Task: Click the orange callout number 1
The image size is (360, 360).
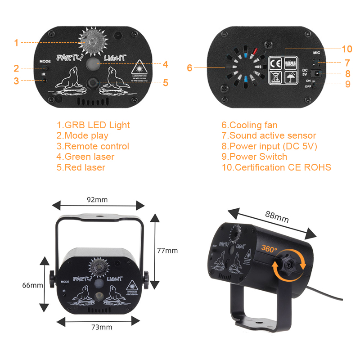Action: tap(16, 43)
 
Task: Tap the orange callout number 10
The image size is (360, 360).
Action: tap(346, 49)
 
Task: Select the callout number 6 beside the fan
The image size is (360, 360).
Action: tap(189, 68)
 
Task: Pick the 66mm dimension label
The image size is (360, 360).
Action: tap(33, 285)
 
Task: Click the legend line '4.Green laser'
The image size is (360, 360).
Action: tap(85, 157)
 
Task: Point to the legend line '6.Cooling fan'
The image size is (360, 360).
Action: tap(249, 125)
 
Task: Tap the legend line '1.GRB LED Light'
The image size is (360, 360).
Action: tap(93, 125)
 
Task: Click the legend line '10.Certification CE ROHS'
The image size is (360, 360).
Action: tap(276, 167)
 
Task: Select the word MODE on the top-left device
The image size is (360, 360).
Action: tap(45, 61)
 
